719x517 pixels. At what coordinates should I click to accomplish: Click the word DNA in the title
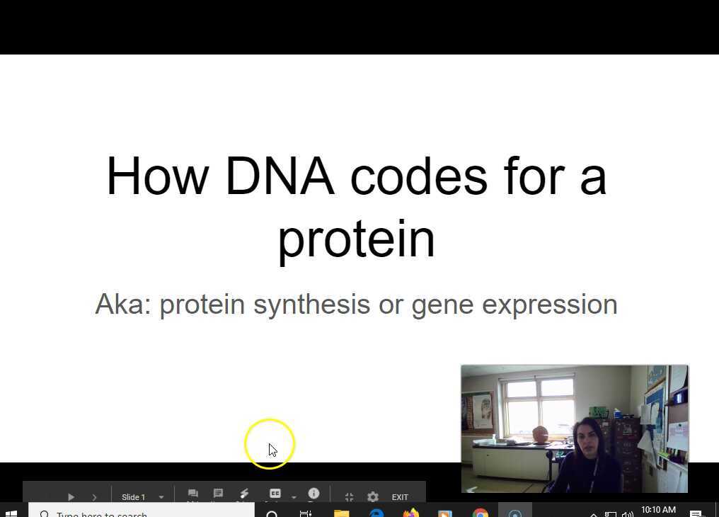279,176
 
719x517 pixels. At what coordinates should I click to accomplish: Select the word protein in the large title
356,239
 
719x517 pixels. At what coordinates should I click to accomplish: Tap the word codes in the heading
418,176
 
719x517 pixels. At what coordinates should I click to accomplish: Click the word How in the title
157,176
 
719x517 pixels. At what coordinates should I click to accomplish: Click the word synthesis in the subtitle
311,305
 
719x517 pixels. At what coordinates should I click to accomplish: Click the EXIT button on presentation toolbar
400,497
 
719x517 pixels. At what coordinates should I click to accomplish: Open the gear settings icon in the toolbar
373,497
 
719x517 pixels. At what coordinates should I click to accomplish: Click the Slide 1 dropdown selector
142,497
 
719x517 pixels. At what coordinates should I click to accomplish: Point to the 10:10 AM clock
658,510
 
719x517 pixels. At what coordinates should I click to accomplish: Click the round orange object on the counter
540,435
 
